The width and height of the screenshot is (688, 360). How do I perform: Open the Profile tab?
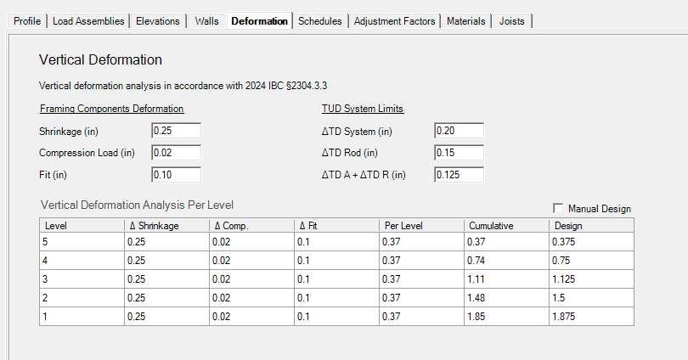pyautogui.click(x=27, y=21)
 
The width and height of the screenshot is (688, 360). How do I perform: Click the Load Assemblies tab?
pyautogui.click(x=88, y=21)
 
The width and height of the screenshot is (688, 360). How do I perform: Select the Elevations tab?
pyautogui.click(x=157, y=21)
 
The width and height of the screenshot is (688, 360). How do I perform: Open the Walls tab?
pyautogui.click(x=206, y=21)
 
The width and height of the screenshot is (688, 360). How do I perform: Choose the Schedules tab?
pyautogui.click(x=320, y=21)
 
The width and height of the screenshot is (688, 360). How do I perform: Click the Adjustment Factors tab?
pyautogui.click(x=394, y=21)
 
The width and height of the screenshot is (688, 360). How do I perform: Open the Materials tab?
pyautogui.click(x=466, y=21)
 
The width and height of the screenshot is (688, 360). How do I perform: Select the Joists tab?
pyautogui.click(x=511, y=21)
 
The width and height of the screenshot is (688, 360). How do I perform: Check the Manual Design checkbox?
pyautogui.click(x=558, y=208)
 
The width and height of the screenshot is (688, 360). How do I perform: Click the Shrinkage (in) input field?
pyautogui.click(x=177, y=131)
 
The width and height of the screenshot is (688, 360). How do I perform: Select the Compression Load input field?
pyautogui.click(x=177, y=153)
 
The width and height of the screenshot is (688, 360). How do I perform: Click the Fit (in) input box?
pyautogui.click(x=177, y=175)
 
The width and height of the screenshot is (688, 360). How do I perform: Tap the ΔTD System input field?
pyautogui.click(x=459, y=131)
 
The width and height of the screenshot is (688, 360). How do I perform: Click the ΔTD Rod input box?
pyautogui.click(x=459, y=153)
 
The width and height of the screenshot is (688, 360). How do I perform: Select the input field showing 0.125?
pyautogui.click(x=459, y=175)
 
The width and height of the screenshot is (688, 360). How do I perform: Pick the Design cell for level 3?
pyautogui.click(x=591, y=278)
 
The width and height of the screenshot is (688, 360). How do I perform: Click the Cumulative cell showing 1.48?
pyautogui.click(x=506, y=298)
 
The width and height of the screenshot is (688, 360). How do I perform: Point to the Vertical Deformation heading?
pyautogui.click(x=100, y=59)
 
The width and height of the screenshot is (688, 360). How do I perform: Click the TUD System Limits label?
pyautogui.click(x=363, y=109)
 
